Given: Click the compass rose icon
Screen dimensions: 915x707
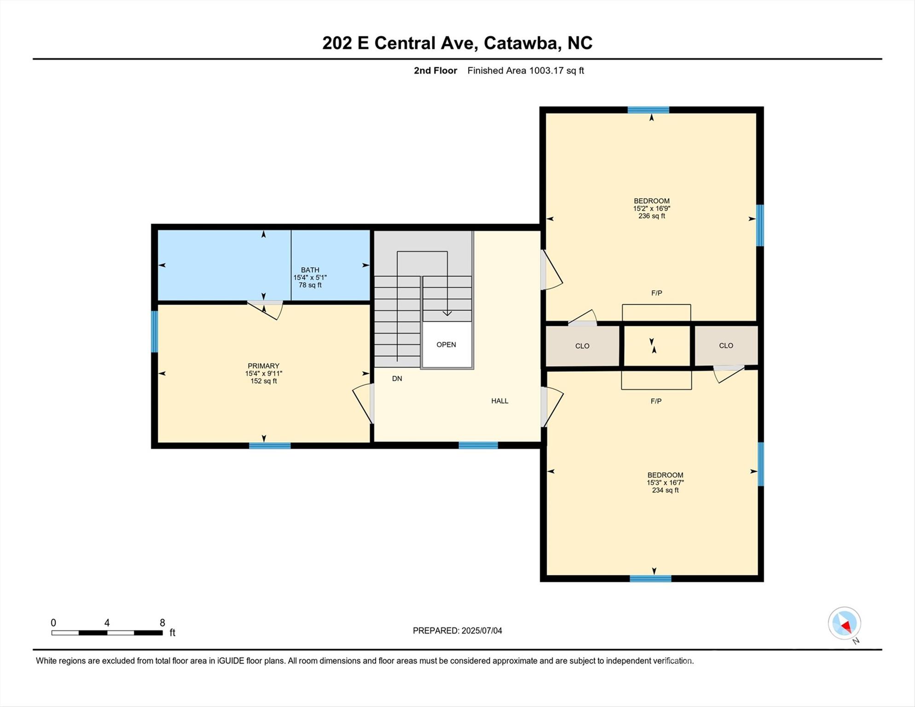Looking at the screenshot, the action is click(845, 624).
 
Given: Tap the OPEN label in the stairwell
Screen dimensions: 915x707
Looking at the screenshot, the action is click(446, 345).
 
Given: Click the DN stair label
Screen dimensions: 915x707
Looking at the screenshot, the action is click(397, 379).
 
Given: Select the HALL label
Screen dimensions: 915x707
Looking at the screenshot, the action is click(500, 401).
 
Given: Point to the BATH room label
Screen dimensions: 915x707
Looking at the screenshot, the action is click(310, 270).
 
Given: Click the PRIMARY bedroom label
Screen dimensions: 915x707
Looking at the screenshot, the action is click(263, 366).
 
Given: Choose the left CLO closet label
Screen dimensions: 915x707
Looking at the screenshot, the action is click(582, 346).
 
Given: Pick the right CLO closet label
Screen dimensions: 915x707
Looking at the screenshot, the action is click(726, 346).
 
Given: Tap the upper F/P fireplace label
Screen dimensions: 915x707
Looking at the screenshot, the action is click(657, 293).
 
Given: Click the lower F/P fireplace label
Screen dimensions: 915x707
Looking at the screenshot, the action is click(656, 401).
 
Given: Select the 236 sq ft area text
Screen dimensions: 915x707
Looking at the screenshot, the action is click(652, 216).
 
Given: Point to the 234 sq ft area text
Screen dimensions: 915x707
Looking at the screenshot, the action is click(666, 490).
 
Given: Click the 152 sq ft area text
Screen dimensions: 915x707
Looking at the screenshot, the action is click(264, 381).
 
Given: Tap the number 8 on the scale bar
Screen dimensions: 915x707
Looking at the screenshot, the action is click(162, 623).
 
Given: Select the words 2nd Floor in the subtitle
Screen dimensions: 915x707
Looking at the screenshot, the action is click(435, 70).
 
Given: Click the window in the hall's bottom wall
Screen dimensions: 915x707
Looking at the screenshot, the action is click(478, 445).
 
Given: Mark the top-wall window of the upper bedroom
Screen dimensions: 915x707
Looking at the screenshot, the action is click(648, 110).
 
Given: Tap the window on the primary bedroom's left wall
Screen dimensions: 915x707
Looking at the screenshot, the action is click(155, 331).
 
